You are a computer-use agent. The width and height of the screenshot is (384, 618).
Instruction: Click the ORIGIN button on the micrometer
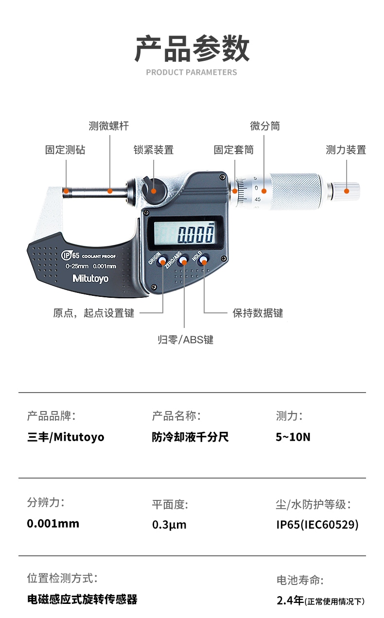click(x=162, y=260)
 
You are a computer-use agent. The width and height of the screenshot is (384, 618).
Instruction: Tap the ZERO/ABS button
click(x=183, y=260)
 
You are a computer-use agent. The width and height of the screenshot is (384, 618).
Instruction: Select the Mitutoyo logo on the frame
click(x=90, y=279)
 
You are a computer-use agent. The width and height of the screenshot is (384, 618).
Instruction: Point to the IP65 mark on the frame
click(x=70, y=255)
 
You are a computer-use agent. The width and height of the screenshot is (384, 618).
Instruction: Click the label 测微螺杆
click(x=109, y=126)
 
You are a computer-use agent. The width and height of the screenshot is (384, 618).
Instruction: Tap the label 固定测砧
click(x=65, y=150)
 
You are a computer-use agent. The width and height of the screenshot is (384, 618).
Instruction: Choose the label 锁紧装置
click(x=154, y=150)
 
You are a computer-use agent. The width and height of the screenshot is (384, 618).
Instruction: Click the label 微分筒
click(x=265, y=126)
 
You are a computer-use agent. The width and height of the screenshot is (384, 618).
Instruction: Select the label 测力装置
click(x=346, y=150)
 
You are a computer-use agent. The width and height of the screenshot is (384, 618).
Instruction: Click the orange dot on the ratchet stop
click(x=347, y=191)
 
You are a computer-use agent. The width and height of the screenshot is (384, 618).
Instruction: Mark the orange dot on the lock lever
click(x=154, y=191)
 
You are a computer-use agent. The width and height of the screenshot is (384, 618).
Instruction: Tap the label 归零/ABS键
click(x=186, y=340)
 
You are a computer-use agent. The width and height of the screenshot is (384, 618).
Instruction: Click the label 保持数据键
click(x=258, y=313)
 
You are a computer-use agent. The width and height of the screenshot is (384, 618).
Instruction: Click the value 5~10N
click(x=293, y=437)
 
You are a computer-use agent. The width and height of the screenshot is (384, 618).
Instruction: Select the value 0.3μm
click(x=169, y=524)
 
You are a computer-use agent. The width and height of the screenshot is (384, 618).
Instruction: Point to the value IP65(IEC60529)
click(x=317, y=524)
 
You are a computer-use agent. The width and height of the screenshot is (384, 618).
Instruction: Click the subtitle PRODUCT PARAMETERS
click(x=192, y=72)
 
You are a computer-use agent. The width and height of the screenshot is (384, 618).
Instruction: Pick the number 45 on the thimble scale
click(x=258, y=199)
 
